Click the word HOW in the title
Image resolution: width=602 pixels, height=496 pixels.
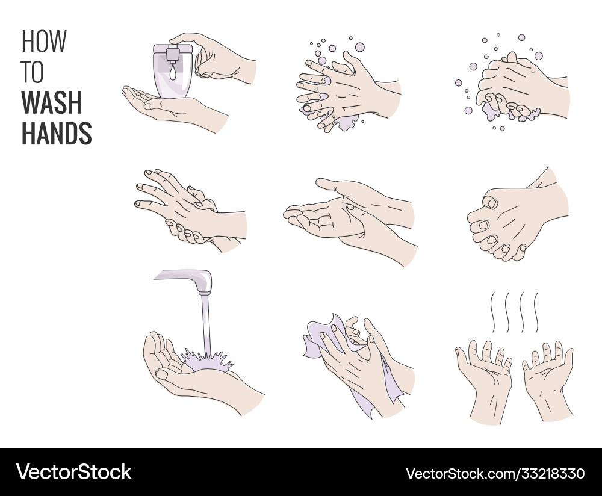pyautogui.click(x=44, y=42)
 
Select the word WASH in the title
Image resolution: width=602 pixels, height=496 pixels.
pyautogui.click(x=51, y=102)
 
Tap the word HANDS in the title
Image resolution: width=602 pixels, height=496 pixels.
pyautogui.click(x=57, y=133)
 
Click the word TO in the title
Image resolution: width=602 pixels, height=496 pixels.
pyautogui.click(x=33, y=72)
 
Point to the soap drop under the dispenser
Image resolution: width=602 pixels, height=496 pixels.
pyautogui.click(x=173, y=73)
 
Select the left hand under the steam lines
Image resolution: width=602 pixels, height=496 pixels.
pyautogui.click(x=485, y=379)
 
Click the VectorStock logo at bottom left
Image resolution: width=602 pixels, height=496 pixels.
pyautogui.click(x=73, y=471)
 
